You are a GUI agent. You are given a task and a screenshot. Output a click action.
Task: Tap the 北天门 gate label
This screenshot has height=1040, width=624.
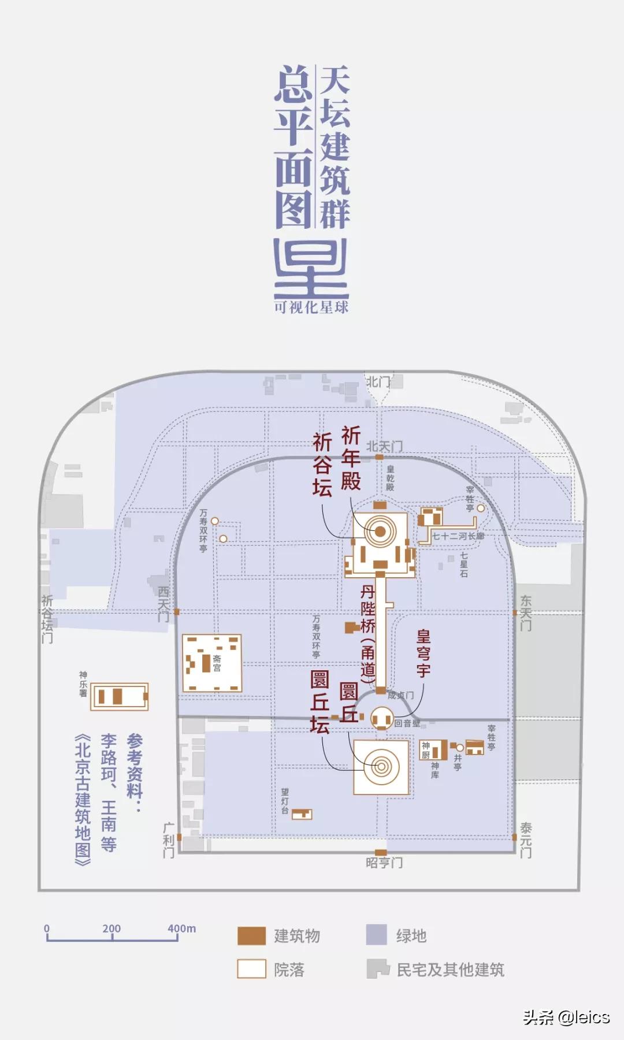coord(384,446)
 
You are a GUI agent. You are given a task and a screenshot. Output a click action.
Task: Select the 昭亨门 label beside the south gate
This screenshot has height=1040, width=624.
coord(384,863)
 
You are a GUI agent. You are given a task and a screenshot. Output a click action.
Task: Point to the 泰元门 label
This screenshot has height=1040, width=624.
coord(525,840)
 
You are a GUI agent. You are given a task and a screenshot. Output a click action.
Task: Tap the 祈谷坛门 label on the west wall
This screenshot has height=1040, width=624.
coord(47,619)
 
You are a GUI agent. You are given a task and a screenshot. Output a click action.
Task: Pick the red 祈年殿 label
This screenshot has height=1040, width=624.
coord(350,458)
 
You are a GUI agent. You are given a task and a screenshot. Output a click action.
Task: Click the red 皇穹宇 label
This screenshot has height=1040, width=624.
coord(424,653)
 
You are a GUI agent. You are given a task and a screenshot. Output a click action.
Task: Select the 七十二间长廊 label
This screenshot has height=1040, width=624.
coord(458,536)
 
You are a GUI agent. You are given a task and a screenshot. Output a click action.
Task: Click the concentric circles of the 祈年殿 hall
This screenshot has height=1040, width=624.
coord(380,532)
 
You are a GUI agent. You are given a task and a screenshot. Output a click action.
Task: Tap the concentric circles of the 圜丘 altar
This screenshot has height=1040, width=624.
coord(381,767)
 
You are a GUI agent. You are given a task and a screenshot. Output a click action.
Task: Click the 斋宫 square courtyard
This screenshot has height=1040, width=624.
coord(211,663)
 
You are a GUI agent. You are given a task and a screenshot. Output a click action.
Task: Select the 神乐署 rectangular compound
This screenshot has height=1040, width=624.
coord(120,696)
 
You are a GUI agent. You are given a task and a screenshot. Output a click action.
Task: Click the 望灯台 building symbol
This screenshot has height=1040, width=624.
coord(302,814)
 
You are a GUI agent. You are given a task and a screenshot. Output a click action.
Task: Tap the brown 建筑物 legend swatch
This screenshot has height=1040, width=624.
coord(251,935)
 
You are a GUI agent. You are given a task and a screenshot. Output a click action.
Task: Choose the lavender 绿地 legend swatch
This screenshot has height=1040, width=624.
coord(376,935)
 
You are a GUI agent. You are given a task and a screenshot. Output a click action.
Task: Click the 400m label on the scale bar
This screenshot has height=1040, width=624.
coord(181,928)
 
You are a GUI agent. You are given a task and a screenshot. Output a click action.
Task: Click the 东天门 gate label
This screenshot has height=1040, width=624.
coord(525,613)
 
